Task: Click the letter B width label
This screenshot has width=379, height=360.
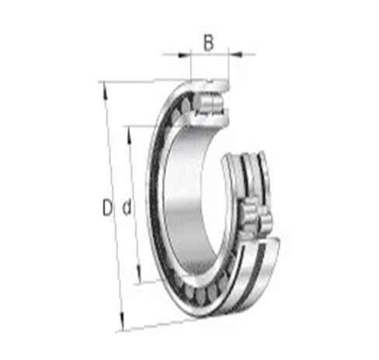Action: click(x=208, y=43)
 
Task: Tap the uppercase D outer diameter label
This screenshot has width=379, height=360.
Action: click(x=107, y=208)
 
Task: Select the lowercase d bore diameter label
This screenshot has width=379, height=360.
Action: click(x=125, y=208)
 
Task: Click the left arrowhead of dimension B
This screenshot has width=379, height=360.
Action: click(x=186, y=54)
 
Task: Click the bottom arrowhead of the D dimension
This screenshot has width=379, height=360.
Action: click(x=122, y=326)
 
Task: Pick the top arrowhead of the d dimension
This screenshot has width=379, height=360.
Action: click(x=129, y=129)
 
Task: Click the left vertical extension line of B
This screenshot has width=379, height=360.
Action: click(x=191, y=66)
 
